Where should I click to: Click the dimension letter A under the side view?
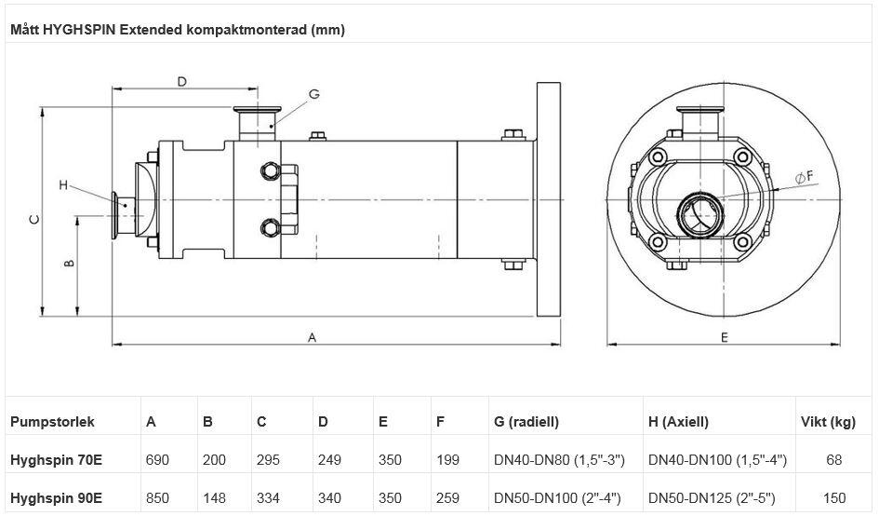[x=313, y=338]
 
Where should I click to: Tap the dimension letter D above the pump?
[x=182, y=81]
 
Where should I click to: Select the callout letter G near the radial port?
[x=313, y=94]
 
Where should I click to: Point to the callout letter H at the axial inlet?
[x=63, y=185]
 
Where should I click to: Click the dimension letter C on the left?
[x=34, y=220]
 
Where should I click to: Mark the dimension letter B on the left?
[x=69, y=264]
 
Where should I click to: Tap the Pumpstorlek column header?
[x=52, y=422]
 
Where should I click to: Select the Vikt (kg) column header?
[x=828, y=422]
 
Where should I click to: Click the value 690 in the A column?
[x=157, y=460]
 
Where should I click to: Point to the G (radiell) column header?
[x=526, y=422]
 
